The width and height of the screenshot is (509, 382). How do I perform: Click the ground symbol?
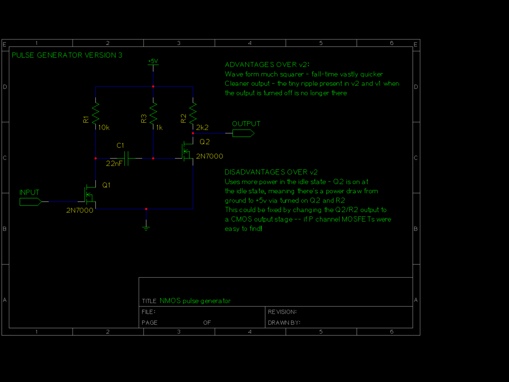(146, 228)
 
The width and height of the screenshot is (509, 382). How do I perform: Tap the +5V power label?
(153, 62)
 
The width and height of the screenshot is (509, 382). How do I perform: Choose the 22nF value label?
(115, 163)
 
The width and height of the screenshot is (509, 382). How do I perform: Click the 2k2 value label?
(202, 127)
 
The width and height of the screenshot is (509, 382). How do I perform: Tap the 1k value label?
(159, 127)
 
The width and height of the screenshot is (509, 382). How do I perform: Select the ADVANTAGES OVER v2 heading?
(267, 65)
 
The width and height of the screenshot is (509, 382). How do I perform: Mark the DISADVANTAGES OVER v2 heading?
(271, 172)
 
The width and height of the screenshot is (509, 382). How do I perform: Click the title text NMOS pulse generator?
(195, 301)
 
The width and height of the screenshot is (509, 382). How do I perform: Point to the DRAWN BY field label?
(284, 323)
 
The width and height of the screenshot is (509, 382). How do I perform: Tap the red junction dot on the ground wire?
(146, 209)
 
